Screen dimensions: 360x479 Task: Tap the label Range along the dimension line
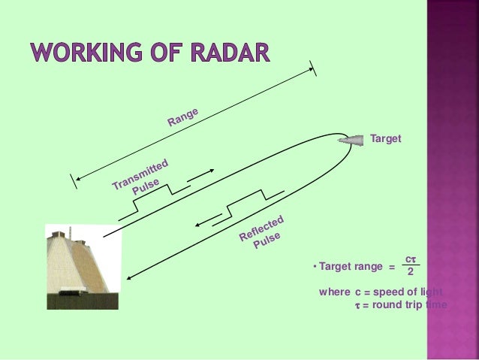tap(182, 117)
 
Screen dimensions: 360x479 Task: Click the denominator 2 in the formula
tap(410, 272)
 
